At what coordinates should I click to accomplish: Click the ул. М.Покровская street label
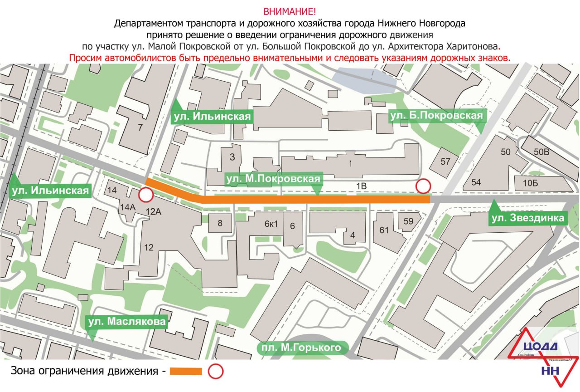(273, 179)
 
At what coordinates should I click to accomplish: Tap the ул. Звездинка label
(528, 218)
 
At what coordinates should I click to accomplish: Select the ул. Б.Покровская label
(436, 116)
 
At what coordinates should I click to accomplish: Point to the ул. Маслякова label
(127, 322)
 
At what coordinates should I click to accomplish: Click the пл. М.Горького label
(300, 348)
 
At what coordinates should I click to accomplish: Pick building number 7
(140, 127)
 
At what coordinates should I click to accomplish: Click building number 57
(445, 162)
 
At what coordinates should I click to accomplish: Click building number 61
(384, 230)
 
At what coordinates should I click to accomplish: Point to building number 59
(408, 221)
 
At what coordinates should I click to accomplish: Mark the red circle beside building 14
(145, 196)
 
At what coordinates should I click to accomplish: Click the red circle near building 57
(423, 186)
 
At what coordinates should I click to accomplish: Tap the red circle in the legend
(216, 372)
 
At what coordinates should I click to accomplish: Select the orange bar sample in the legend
(186, 372)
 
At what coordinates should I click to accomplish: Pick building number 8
(220, 223)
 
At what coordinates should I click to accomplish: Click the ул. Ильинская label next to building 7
(211, 117)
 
